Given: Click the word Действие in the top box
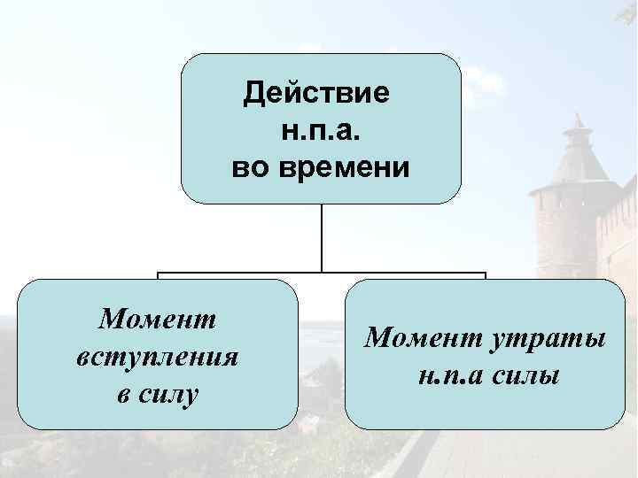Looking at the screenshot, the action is coord(321,92).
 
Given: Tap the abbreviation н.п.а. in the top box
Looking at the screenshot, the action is coord(322,129).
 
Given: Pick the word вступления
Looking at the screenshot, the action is coord(159,357).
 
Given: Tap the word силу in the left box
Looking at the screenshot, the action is coord(169,395).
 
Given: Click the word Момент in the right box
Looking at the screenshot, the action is coord(416,337).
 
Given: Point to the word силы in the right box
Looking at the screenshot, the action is coord(527,375).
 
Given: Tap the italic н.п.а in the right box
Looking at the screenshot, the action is coord(447,375).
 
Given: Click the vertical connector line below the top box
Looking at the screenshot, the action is coord(322,237).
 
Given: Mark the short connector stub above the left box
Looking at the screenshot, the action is coord(159,276).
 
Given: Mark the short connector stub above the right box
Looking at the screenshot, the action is coord(485,276).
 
